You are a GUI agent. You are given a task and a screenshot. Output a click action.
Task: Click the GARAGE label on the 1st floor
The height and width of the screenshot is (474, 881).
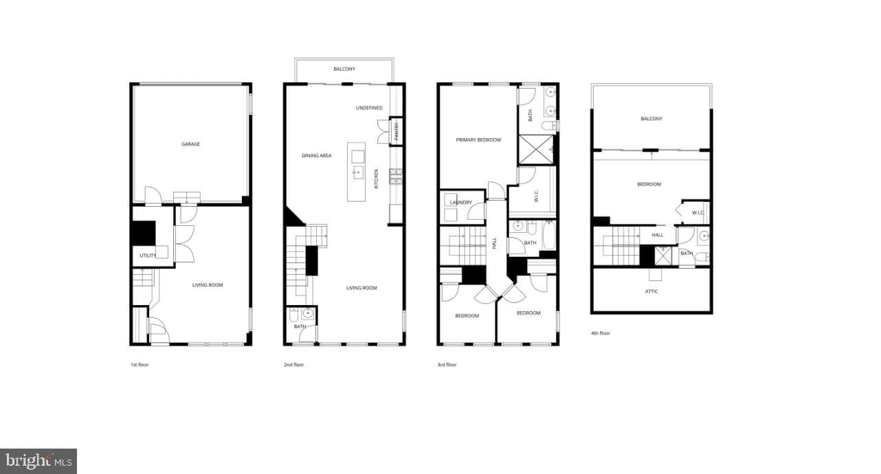(x=190, y=144)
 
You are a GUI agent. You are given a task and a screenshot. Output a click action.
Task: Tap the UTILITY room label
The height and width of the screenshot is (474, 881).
(x=148, y=256)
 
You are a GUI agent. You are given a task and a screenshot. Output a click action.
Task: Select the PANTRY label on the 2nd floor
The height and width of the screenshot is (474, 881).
(x=397, y=131)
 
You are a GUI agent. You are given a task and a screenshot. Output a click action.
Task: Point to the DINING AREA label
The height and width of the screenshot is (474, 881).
(x=317, y=156)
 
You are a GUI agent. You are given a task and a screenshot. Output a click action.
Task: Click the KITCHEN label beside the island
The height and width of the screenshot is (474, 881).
(x=377, y=179)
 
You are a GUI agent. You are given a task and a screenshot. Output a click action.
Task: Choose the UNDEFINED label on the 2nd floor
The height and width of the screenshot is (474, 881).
(x=369, y=108)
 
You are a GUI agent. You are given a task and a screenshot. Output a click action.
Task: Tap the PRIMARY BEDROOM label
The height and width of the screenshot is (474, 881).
(x=478, y=140)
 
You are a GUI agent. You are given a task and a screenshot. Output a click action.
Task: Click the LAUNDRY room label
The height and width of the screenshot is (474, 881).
(x=460, y=203)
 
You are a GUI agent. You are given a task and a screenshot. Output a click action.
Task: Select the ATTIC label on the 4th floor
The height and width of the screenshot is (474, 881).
(x=651, y=292)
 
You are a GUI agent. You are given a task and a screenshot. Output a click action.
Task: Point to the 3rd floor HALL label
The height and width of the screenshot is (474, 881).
(x=494, y=243)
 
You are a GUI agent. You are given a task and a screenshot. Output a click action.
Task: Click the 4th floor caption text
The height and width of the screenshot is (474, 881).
(x=601, y=333)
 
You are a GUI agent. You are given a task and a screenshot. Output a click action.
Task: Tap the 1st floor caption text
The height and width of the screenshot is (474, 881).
(x=140, y=365)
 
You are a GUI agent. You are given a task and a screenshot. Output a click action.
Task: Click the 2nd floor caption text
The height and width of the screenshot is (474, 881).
(x=294, y=365)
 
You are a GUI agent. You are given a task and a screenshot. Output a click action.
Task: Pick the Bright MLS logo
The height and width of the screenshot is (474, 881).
(x=38, y=461)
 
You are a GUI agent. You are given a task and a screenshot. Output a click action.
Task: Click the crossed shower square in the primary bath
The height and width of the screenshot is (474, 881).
(x=536, y=149)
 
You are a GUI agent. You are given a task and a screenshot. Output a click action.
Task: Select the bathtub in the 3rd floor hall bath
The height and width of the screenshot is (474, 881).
(x=548, y=235)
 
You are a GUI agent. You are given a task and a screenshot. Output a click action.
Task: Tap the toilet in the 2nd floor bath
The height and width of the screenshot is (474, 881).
(x=293, y=315)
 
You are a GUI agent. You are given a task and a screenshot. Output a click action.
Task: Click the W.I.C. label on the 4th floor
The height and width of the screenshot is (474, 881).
(x=698, y=213)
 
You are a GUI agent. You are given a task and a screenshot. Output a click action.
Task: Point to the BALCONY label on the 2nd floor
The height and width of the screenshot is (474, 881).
(x=344, y=69)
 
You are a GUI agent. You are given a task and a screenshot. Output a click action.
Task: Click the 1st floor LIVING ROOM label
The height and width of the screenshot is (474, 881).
(x=208, y=285)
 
